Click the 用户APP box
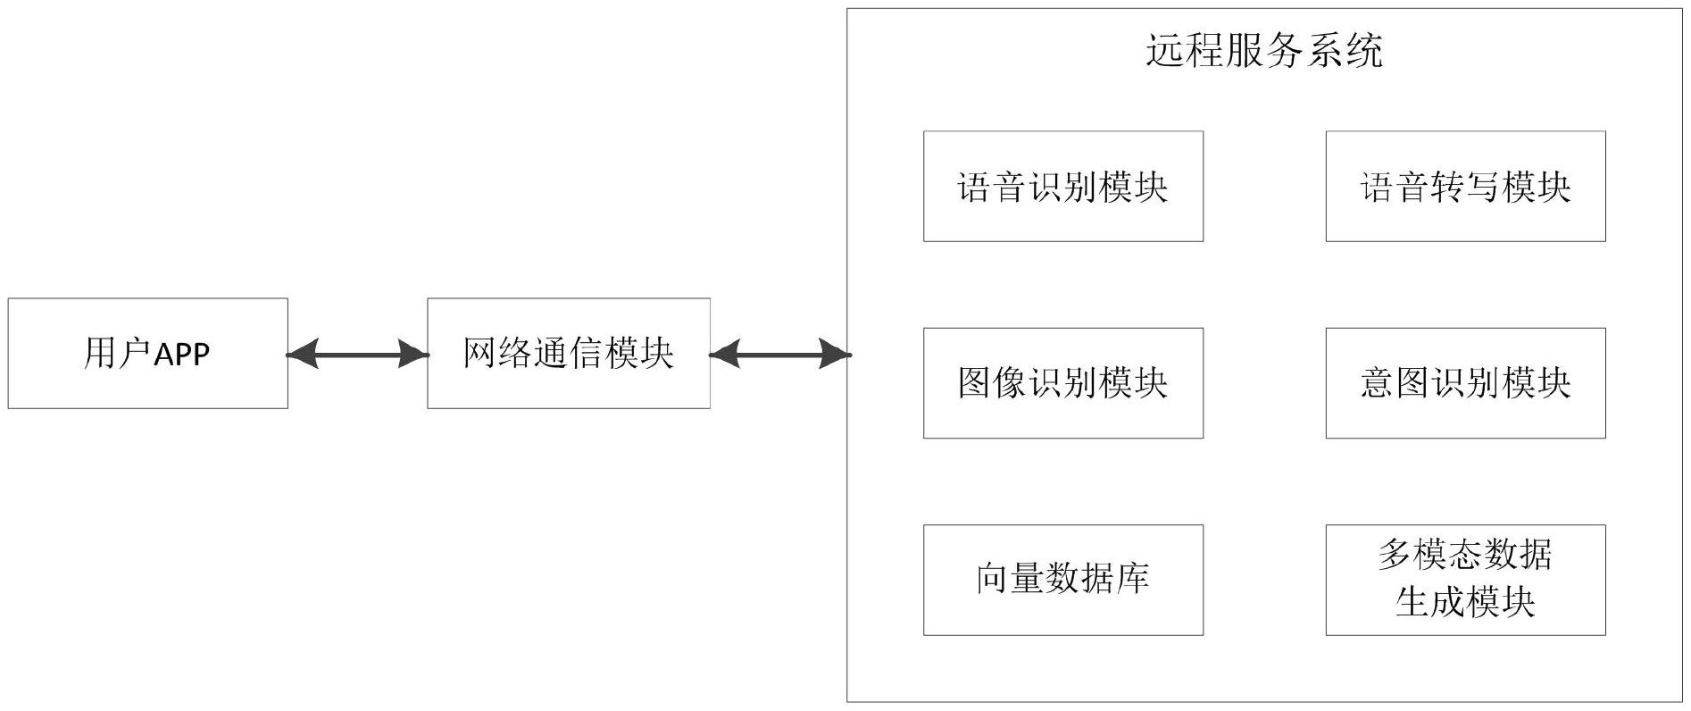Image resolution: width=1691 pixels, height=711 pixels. point(147,354)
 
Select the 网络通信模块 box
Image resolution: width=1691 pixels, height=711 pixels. point(568,354)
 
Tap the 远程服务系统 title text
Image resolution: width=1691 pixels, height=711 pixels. point(1263,51)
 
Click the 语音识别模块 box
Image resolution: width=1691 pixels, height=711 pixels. point(1062,187)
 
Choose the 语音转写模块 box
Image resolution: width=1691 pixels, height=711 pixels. point(1464,187)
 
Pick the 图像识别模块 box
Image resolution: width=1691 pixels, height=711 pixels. point(1062,383)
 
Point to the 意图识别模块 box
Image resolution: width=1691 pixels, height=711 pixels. point(1464,383)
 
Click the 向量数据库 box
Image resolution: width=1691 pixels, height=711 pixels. point(1062,580)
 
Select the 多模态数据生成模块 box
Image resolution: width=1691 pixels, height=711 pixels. point(1464,580)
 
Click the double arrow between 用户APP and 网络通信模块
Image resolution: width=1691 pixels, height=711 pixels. point(357,355)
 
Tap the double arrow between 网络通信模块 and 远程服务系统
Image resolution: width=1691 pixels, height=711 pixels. point(779,355)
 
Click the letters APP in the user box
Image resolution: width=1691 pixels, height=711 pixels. point(181,355)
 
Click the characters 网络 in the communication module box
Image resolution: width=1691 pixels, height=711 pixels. point(497,354)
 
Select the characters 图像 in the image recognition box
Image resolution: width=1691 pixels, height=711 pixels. point(993,383)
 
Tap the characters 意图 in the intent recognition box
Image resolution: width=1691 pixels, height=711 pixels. point(1395,383)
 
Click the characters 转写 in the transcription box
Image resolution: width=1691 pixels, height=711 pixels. point(1465,187)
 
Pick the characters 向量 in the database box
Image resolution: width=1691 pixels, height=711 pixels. point(1010,580)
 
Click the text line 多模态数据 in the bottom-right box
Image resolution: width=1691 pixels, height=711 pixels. point(1464,555)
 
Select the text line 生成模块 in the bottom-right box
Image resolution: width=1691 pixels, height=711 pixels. point(1464,602)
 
